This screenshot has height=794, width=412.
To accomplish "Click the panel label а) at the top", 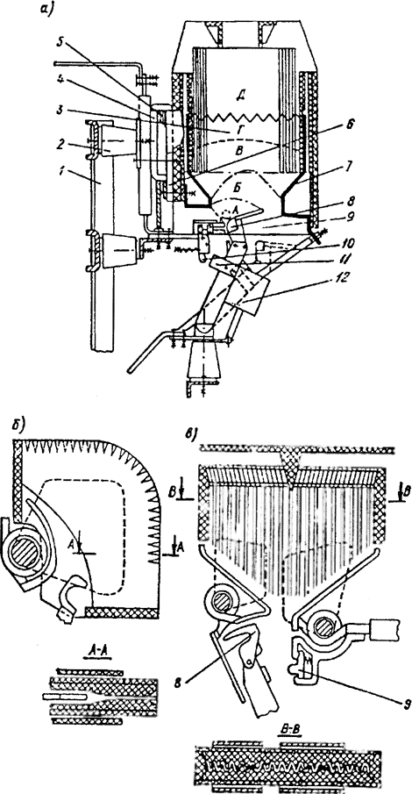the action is pyautogui.click(x=46, y=9).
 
